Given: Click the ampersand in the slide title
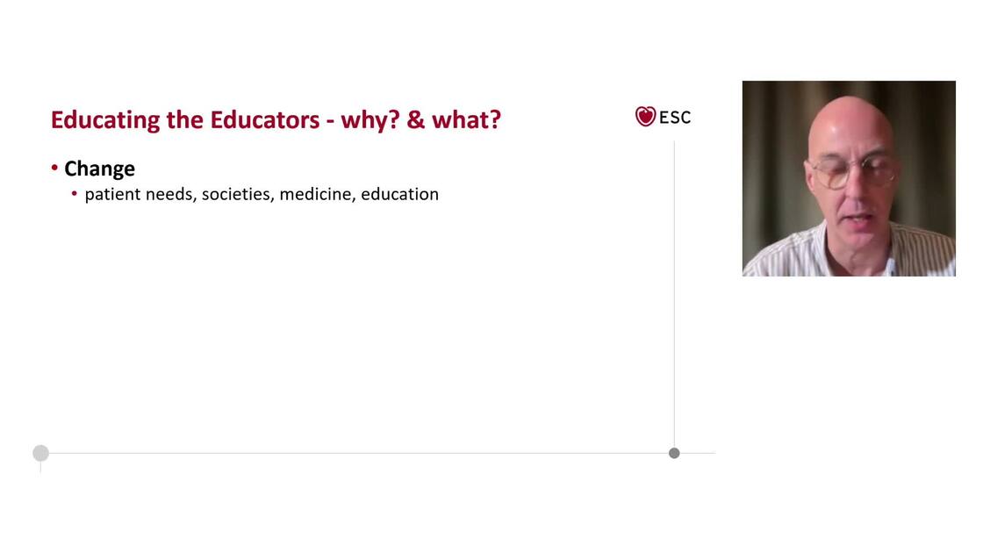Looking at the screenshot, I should click(416, 119).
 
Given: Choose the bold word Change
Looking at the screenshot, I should click(99, 169).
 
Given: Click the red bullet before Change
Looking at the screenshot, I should click(54, 168).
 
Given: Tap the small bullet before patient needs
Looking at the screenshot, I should click(75, 194).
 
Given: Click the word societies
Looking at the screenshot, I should click(238, 194).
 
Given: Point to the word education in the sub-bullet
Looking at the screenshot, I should click(399, 194).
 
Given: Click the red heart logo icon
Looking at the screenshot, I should click(646, 117).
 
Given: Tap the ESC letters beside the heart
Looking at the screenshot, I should click(675, 118).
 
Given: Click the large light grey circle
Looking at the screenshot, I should click(40, 453).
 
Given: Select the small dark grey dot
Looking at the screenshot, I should click(674, 453).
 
